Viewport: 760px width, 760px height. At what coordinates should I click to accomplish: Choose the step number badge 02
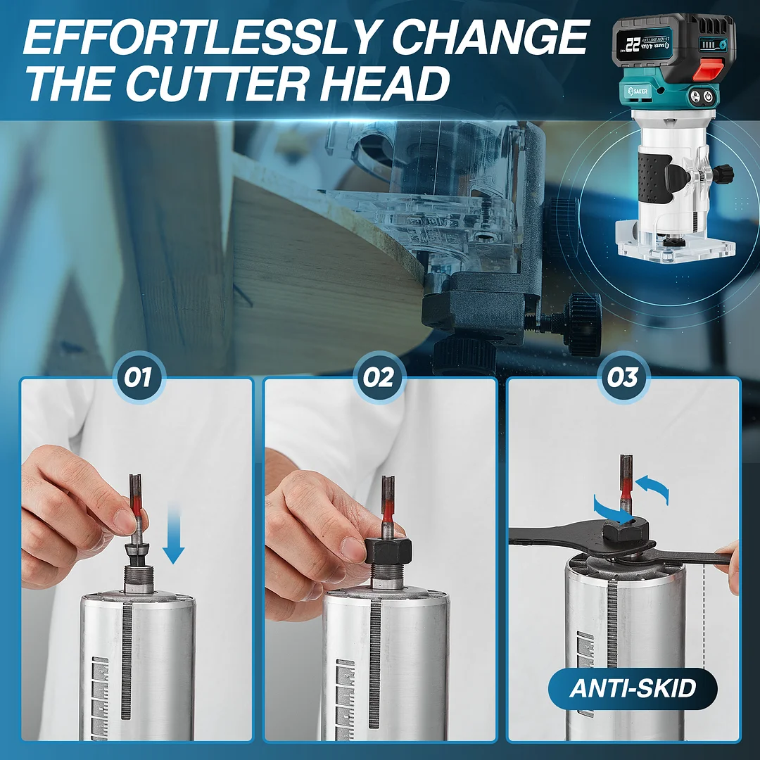[379, 378]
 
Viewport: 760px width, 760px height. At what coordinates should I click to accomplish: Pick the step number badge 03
[622, 378]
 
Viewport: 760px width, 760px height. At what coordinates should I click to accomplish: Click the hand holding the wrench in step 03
[728, 563]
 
